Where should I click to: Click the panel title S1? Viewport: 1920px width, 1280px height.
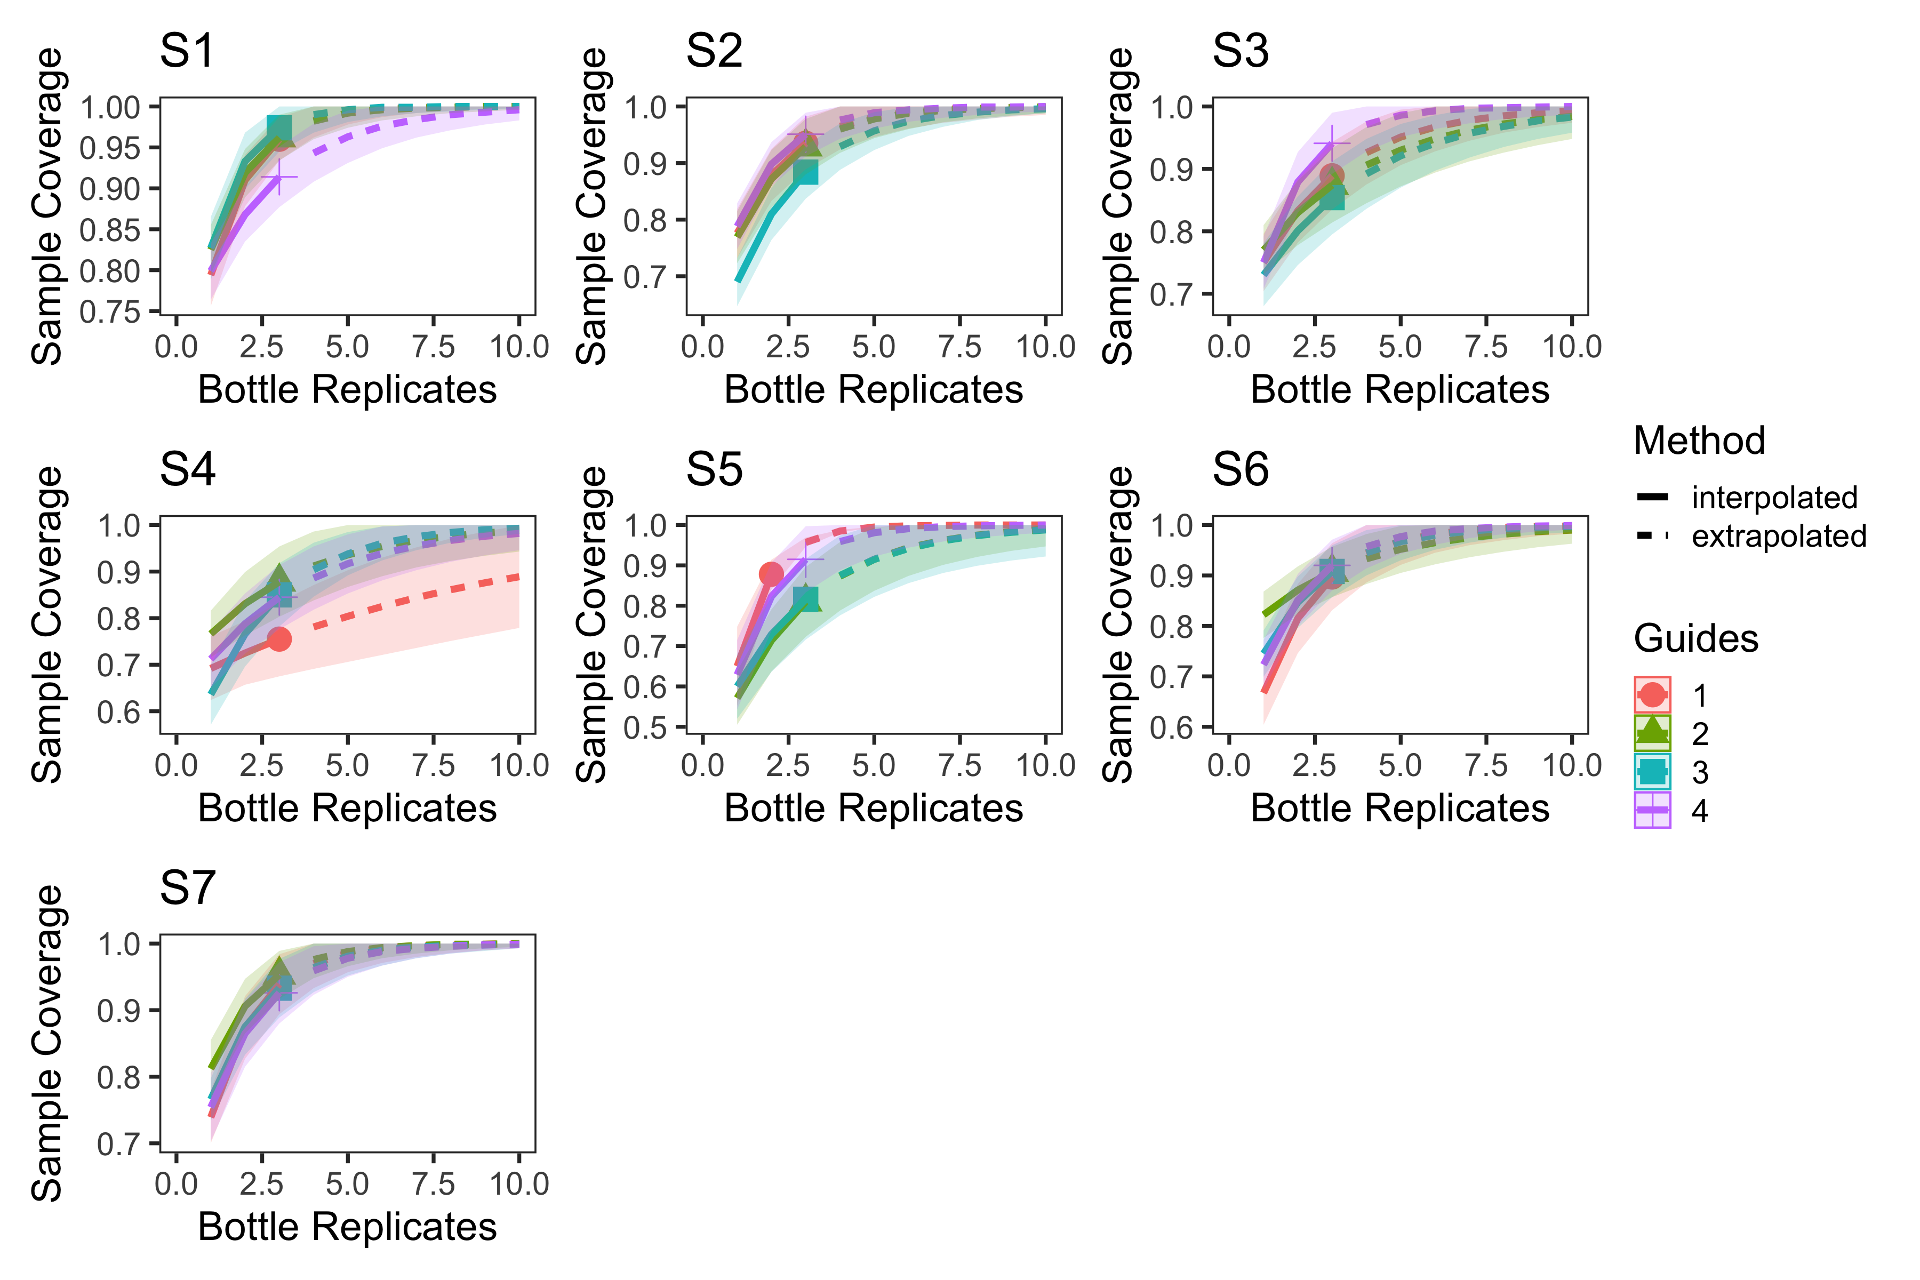point(187,51)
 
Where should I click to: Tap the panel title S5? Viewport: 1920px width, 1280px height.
point(714,470)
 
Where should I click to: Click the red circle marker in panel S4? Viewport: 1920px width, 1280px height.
point(279,639)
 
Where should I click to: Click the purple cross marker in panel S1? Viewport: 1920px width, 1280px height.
point(279,177)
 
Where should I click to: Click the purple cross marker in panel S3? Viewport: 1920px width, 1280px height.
point(1331,145)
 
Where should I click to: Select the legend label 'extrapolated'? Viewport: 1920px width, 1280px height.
point(1779,537)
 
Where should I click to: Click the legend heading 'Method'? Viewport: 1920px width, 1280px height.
point(1699,441)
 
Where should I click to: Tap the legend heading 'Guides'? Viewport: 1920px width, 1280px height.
point(1695,638)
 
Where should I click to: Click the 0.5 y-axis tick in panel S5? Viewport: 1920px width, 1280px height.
point(645,727)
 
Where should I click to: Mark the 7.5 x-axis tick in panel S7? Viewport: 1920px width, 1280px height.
point(433,1183)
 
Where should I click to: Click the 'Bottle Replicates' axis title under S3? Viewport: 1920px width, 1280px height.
point(1399,389)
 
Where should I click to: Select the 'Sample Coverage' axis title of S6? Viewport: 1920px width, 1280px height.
point(1118,625)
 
